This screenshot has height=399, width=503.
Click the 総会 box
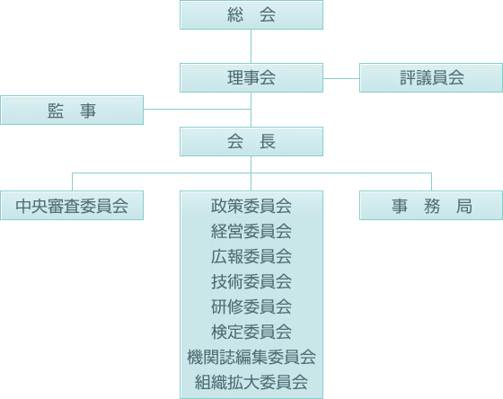pyautogui.click(x=251, y=14)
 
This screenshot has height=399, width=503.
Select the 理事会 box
pyautogui.click(x=251, y=77)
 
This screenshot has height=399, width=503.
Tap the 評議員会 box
pyautogui.click(x=431, y=77)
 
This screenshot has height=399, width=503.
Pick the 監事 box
pyautogui.click(x=72, y=110)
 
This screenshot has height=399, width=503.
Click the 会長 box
pyautogui.click(x=251, y=142)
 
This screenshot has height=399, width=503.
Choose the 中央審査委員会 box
pyautogui.click(x=72, y=206)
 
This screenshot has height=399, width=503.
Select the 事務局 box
pyautogui.click(x=431, y=206)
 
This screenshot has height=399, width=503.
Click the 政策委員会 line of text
pyautogui.click(x=251, y=206)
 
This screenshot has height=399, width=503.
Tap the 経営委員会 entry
pyautogui.click(x=251, y=231)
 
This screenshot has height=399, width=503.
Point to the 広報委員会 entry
pyautogui.click(x=251, y=256)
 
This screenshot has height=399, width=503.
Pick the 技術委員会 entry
pyautogui.click(x=251, y=281)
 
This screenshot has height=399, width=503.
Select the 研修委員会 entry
pyautogui.click(x=251, y=306)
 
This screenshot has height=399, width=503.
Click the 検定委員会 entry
pyautogui.click(x=251, y=332)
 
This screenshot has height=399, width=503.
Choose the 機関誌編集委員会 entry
pyautogui.click(x=251, y=357)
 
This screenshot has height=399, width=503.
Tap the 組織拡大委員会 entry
pyautogui.click(x=251, y=382)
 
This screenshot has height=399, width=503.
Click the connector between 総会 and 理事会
pyautogui.click(x=251, y=46)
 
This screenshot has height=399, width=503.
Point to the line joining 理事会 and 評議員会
pyautogui.click(x=341, y=78)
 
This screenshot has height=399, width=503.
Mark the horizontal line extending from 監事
pyautogui.click(x=198, y=109)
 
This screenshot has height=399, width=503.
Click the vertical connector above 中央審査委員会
pyautogui.click(x=72, y=182)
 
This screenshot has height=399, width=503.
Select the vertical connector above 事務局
pyautogui.click(x=431, y=182)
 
